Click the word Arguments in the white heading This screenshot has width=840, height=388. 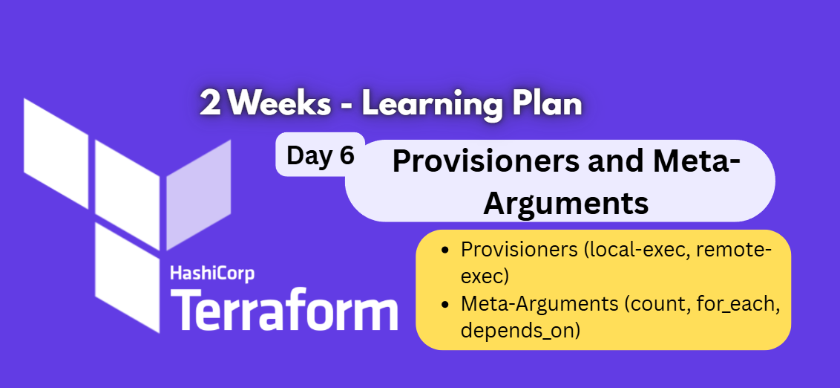tap(565, 203)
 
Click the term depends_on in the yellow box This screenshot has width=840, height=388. tap(519, 330)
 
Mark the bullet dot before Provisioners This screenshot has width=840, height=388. tap(444, 250)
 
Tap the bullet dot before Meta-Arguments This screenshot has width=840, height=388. tap(444, 304)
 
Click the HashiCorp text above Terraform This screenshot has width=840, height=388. tap(212, 274)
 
